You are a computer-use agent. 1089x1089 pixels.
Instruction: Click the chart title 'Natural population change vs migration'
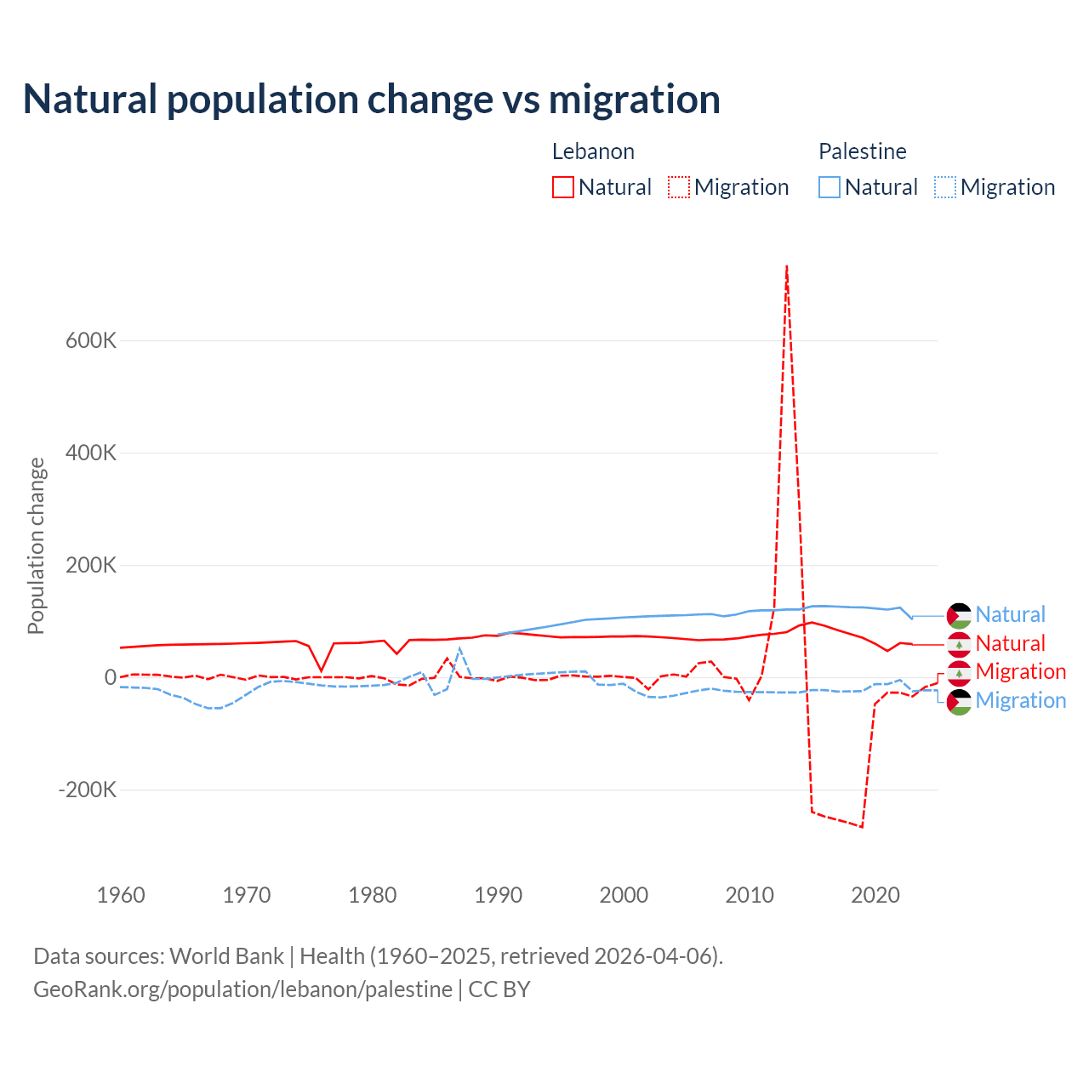(372, 100)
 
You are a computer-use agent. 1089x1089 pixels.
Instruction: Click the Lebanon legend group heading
(593, 151)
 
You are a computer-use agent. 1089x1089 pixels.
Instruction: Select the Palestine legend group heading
(862, 151)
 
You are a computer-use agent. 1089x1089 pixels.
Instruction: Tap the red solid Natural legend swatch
(563, 187)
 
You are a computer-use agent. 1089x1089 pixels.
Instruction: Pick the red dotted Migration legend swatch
(679, 187)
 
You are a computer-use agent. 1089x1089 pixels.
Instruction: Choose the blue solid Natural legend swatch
(830, 187)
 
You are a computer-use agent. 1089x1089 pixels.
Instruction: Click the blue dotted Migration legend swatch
(945, 187)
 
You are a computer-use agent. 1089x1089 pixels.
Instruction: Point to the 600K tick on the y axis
(91, 340)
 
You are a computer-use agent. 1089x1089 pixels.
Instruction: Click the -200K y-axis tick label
(88, 790)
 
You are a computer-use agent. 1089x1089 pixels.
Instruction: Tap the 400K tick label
(91, 453)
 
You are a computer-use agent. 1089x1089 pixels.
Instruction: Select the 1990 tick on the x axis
(499, 895)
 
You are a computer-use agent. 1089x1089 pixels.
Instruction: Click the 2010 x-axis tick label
(750, 895)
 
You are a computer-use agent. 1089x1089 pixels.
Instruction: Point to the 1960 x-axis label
(121, 895)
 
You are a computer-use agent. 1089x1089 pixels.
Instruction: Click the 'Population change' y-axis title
(36, 546)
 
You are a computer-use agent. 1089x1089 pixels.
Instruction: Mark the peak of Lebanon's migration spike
(787, 267)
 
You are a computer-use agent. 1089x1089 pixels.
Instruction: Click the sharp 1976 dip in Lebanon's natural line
(322, 670)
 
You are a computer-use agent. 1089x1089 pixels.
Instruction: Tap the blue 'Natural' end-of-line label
(1010, 614)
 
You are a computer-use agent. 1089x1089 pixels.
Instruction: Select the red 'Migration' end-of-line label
(1020, 671)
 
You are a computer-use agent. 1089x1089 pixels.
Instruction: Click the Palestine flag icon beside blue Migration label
(959, 702)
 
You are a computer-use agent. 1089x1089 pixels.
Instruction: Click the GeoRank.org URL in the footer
(242, 989)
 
